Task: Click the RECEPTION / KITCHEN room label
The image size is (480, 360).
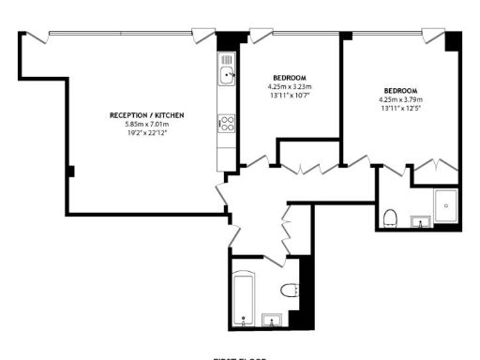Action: tap(146, 114)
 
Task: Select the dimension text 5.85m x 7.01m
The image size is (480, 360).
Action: tap(146, 124)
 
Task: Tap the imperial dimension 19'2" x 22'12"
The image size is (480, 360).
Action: tap(146, 133)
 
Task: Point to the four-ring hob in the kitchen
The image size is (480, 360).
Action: tap(226, 122)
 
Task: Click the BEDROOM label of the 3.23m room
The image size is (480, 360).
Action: tap(289, 78)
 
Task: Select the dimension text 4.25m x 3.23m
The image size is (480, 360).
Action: tap(289, 87)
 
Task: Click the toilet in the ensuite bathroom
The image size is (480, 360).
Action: tap(391, 218)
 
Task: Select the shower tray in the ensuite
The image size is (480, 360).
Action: tap(446, 203)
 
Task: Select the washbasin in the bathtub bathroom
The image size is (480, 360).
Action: tap(273, 321)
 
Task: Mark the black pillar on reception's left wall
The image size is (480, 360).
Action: tap(70, 171)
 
